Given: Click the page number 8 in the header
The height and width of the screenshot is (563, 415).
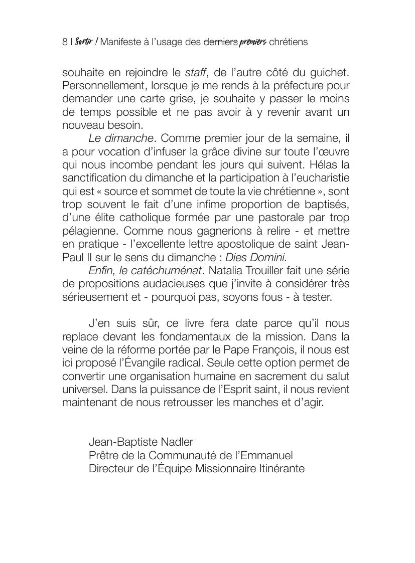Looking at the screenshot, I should (65, 42).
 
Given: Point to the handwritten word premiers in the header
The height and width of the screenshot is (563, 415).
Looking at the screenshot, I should (253, 43).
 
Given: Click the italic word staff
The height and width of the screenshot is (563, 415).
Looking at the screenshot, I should (196, 73).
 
